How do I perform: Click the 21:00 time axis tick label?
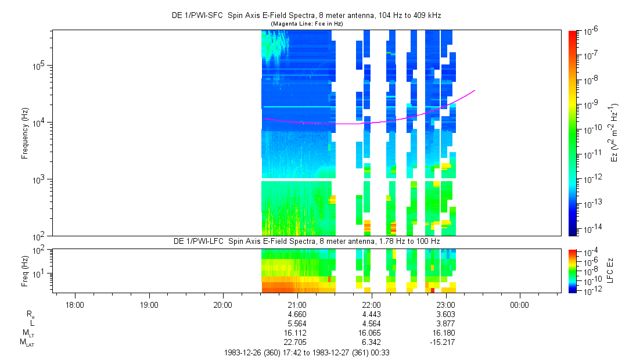pos(297,305)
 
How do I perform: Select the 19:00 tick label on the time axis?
pos(149,305)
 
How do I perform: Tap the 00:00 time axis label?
pos(519,305)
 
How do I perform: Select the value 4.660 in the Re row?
pos(297,314)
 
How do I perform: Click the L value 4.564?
pos(371,323)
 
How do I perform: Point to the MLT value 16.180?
pos(445,333)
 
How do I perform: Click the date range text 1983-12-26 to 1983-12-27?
pos(310,352)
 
